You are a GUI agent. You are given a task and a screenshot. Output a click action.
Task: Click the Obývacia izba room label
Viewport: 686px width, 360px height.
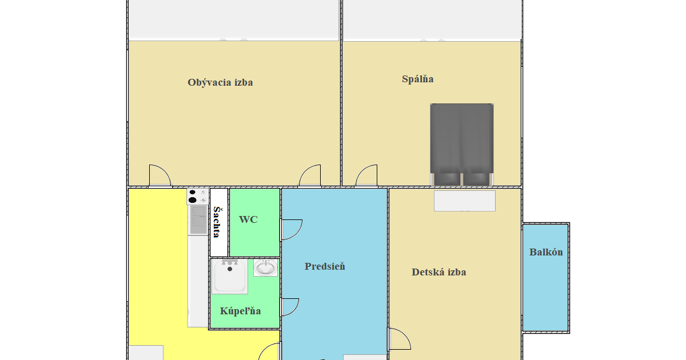220,83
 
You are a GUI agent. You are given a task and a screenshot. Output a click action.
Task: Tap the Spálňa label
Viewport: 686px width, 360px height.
418,79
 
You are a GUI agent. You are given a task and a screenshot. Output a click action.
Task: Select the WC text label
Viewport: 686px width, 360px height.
248,219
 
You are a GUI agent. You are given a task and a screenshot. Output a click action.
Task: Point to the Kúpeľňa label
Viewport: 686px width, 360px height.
241,311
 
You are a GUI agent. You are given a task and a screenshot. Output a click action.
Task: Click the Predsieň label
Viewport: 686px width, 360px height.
325,266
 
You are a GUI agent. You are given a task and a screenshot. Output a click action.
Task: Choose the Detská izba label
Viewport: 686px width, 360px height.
439,272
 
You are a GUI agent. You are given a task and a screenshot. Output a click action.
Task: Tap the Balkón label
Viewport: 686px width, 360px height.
546,252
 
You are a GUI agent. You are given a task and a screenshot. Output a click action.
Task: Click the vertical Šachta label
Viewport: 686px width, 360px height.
217,222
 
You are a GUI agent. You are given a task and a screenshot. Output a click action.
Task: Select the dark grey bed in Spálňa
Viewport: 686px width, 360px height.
462,145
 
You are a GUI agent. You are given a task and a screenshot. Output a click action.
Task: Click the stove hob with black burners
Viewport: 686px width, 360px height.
198,197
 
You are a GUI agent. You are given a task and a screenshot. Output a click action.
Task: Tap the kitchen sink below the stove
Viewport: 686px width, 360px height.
198,220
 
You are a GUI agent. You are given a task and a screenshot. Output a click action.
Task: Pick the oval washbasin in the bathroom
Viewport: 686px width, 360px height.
265,268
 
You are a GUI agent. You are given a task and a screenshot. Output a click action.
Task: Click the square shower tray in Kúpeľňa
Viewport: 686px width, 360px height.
230,277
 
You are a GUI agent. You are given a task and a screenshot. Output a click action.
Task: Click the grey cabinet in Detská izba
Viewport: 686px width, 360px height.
465,201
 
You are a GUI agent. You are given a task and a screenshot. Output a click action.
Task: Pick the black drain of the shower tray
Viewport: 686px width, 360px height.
230,269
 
